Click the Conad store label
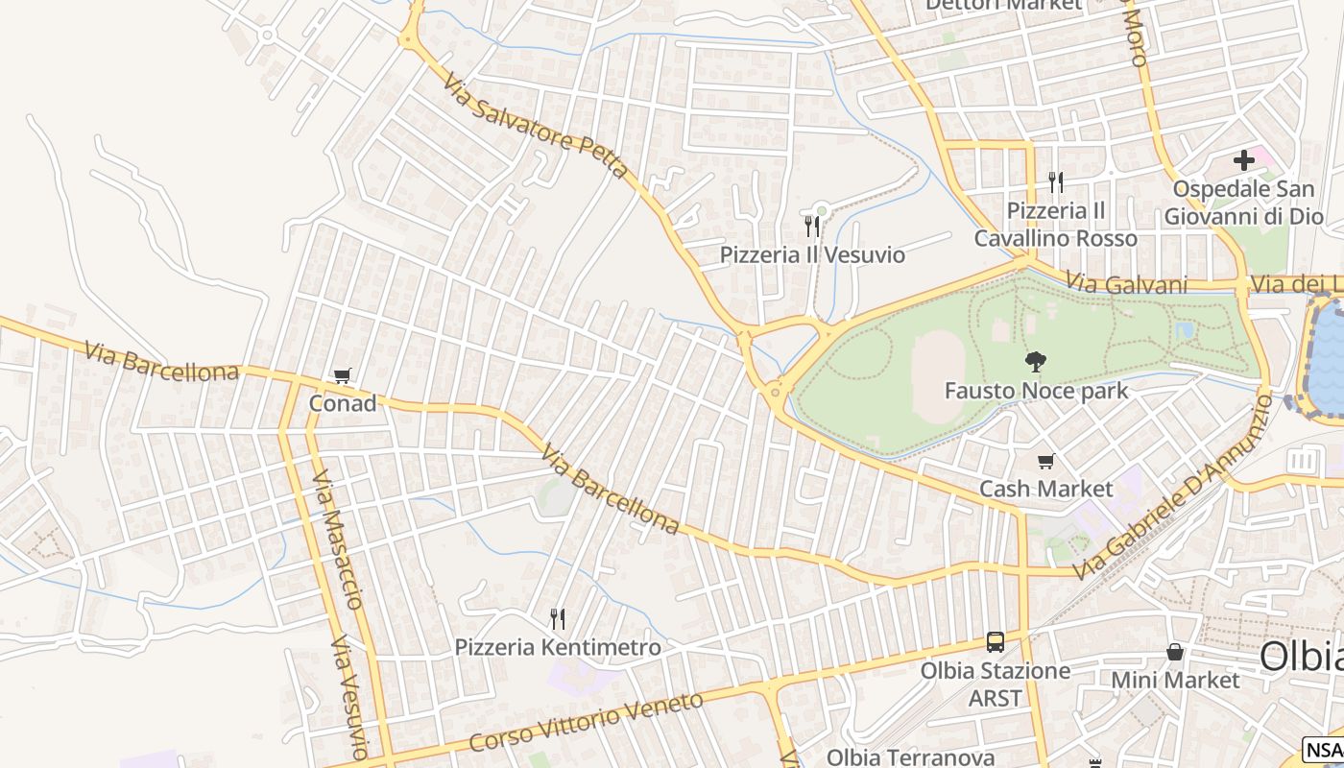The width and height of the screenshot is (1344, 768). tap(343, 403)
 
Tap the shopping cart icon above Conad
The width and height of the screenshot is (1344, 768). tap(343, 375)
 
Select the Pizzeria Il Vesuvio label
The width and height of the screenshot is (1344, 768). tap(812, 254)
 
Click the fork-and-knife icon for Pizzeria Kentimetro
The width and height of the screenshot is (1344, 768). tap(557, 618)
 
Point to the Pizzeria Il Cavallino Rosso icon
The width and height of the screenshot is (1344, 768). tap(1055, 181)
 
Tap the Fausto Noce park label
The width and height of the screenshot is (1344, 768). tap(1036, 391)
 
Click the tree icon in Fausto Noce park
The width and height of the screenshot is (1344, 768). tap(1036, 362)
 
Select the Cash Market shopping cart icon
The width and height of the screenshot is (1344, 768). tap(1045, 462)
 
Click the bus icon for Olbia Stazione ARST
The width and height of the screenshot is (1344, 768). tap(996, 642)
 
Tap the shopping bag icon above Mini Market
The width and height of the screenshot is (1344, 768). tap(1174, 653)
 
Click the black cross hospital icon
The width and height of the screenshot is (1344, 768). tap(1244, 160)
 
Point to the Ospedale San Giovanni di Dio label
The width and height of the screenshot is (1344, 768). tap(1243, 203)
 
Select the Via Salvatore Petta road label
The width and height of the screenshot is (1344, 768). tap(536, 129)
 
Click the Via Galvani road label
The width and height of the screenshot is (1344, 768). tap(1127, 284)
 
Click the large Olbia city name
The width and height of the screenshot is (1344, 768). tap(1301, 657)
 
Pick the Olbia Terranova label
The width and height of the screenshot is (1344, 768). tap(910, 756)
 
